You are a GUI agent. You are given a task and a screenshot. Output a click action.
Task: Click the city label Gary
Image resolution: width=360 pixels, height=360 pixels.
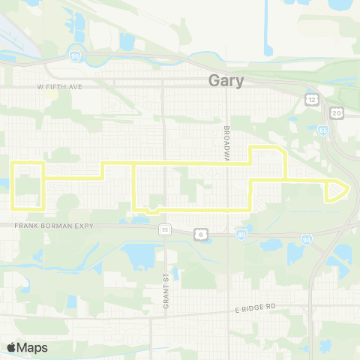pyautogui.click(x=226, y=81)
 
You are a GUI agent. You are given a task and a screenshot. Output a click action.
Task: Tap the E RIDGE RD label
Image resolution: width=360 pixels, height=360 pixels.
pyautogui.click(x=256, y=307)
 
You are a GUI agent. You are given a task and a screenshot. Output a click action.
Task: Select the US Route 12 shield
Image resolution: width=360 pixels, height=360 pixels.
pyautogui.click(x=310, y=98)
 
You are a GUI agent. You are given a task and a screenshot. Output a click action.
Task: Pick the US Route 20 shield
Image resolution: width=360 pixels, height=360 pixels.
pyautogui.click(x=336, y=112)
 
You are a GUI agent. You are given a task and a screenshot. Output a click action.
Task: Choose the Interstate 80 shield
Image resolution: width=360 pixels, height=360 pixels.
pyautogui.click(x=241, y=235)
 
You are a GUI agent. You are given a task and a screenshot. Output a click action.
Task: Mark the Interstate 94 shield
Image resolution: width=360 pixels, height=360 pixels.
pyautogui.click(x=307, y=240)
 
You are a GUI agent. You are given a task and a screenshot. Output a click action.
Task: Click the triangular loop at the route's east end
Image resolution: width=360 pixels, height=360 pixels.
pyautogui.click(x=336, y=190)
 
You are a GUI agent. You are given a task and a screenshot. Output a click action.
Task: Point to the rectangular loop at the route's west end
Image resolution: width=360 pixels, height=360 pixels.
pyautogui.click(x=28, y=185)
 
